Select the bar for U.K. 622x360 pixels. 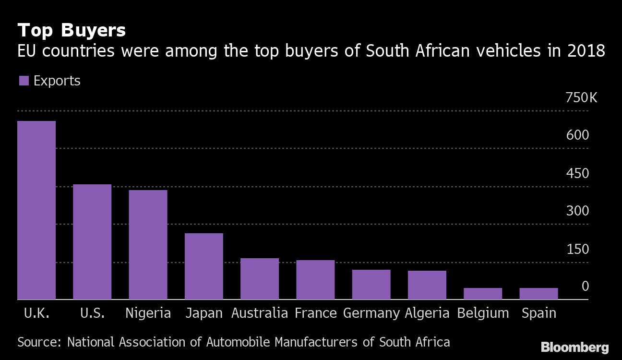pos(36,210)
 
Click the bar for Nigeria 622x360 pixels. pos(148,245)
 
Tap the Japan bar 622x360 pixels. pos(204,266)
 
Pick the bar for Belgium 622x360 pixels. pos(483,294)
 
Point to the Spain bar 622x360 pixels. pos(538,294)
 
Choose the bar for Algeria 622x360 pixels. pos(427,285)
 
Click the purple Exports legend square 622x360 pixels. pos(24,81)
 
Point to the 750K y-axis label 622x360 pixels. pos(582,98)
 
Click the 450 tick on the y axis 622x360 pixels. pos(577,173)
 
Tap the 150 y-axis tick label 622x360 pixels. pos(577,249)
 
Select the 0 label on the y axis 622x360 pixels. pos(585,287)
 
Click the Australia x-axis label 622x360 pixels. pos(260,313)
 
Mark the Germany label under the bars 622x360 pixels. pos(371,313)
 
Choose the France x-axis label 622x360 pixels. pos(315,313)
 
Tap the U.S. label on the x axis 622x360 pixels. pos(93,313)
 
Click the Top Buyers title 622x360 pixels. pos(72,31)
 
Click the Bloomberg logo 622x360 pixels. pos(574,347)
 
